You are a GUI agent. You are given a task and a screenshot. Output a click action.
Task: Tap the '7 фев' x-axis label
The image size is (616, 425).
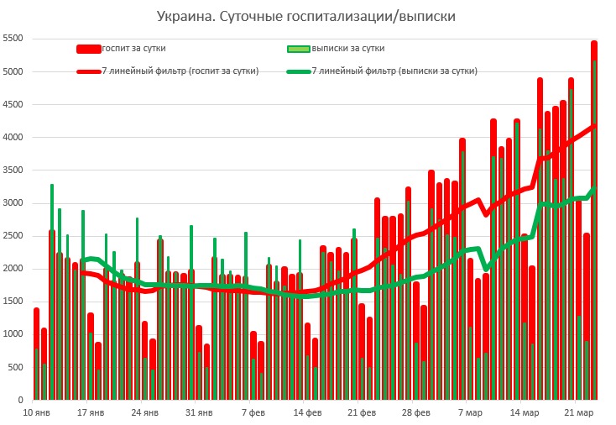click(x=253, y=412)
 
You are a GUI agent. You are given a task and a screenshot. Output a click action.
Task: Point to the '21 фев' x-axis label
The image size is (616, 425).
click(x=362, y=412)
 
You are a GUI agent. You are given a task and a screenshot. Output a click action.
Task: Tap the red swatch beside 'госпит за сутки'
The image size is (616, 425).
click(x=88, y=50)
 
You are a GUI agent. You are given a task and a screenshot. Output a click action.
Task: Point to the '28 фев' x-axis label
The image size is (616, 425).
click(x=416, y=412)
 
